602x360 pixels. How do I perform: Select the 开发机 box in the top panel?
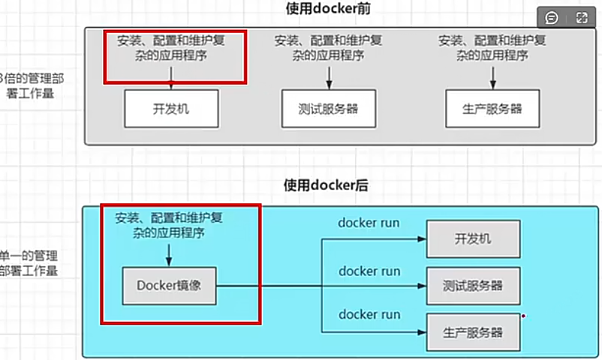(171, 109)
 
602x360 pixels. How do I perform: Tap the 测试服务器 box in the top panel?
(327, 109)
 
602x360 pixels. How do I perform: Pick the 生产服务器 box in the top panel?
(492, 109)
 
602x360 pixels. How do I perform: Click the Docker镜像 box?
(169, 285)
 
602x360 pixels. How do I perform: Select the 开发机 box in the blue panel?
(473, 239)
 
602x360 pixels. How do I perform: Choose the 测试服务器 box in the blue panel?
(473, 285)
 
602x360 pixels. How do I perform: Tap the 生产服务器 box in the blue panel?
(473, 332)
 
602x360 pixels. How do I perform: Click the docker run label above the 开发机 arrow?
(369, 223)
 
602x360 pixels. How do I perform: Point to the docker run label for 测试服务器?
(369, 271)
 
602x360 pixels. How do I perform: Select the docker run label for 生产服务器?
(369, 314)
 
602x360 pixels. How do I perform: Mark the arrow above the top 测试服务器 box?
(328, 76)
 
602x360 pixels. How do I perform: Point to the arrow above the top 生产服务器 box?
(492, 76)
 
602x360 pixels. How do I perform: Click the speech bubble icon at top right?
(552, 17)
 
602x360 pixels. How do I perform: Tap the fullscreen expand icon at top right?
(582, 17)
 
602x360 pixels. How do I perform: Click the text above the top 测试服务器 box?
(328, 47)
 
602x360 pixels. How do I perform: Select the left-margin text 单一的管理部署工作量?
(29, 263)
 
